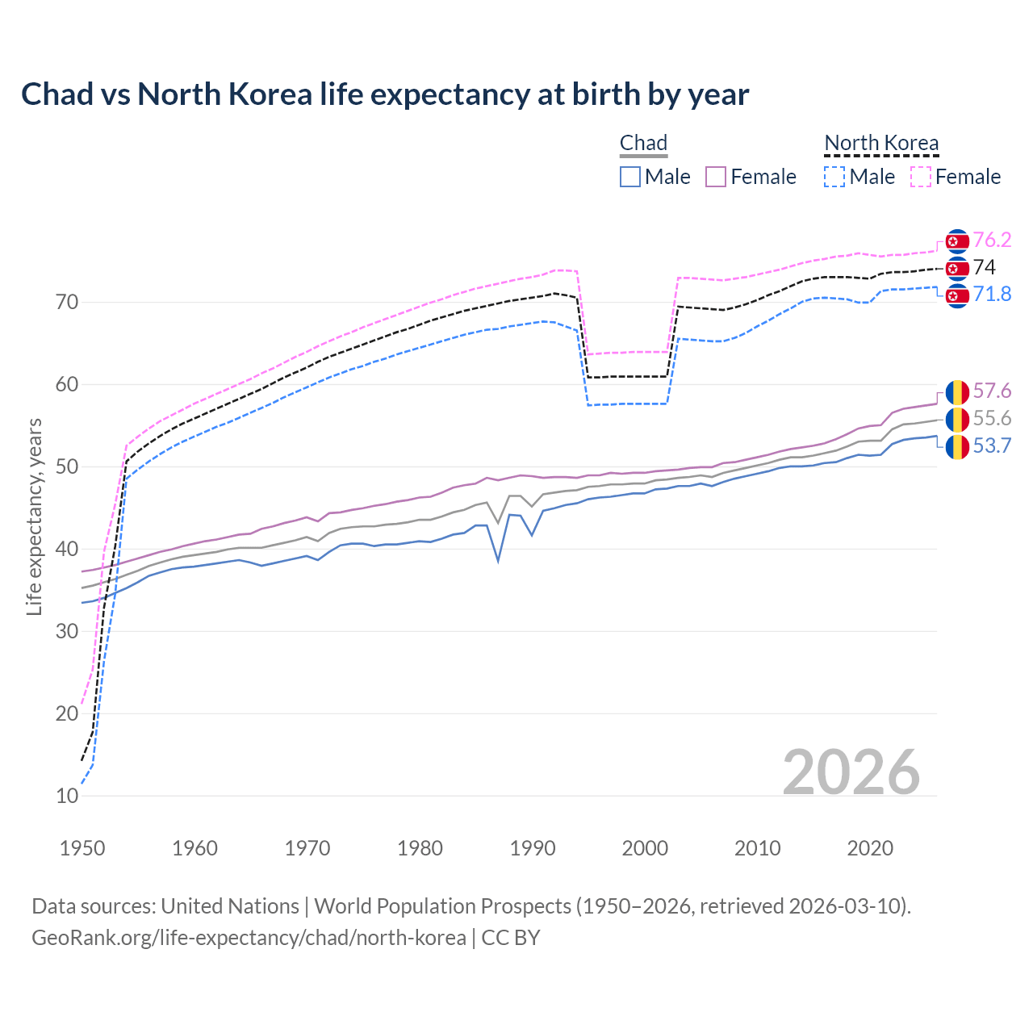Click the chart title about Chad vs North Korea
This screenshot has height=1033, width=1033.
[385, 94]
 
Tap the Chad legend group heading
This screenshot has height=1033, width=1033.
[643, 143]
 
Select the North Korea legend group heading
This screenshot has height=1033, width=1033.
[881, 143]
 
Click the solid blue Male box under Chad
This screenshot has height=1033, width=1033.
[630, 177]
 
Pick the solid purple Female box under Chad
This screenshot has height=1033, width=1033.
[716, 177]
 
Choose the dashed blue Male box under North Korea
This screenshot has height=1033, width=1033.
[834, 177]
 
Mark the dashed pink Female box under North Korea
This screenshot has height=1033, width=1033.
[921, 177]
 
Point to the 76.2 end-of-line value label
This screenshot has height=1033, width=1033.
[992, 240]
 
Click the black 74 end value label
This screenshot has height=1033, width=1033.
[984, 267]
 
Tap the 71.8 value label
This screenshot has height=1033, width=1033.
[992, 294]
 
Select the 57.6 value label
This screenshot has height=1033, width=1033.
[992, 391]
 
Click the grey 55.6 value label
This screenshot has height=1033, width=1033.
[992, 418]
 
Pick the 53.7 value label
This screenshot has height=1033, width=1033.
[992, 445]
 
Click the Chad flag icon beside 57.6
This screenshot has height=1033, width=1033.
[957, 392]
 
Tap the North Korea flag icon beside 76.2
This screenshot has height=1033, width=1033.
[957, 240]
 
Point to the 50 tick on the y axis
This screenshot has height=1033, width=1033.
[67, 466]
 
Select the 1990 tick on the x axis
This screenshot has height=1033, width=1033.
[533, 848]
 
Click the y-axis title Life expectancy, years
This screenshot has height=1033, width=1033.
[35, 516]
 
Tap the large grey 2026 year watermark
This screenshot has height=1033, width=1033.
[851, 772]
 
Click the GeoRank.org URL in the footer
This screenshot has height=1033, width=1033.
[249, 938]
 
